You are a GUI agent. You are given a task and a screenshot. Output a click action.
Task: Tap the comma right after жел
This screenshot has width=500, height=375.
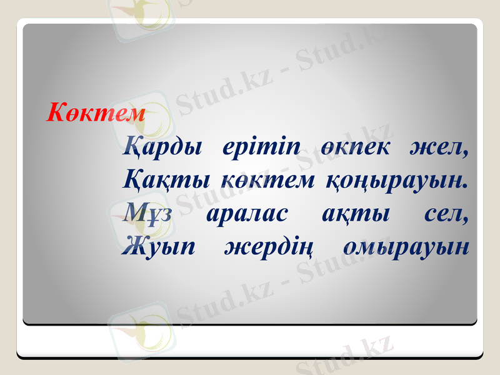[x=465, y=154]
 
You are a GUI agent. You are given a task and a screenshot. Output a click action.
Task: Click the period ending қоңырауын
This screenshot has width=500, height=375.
[x=466, y=186]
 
